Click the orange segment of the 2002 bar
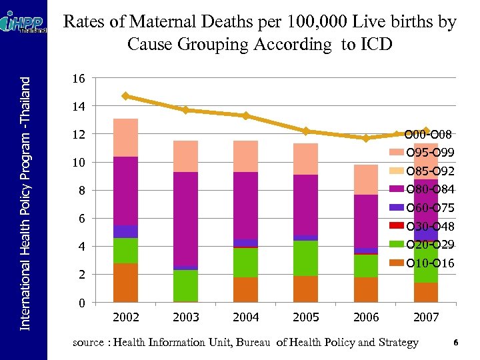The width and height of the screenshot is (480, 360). pos(125,283)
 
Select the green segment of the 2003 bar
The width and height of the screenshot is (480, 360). pos(185,285)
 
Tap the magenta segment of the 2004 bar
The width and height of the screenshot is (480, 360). pos(245,205)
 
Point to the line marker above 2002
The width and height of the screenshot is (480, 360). pos(125,96)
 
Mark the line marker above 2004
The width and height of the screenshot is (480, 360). pos(246,115)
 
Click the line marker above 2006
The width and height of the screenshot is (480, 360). pos(366,138)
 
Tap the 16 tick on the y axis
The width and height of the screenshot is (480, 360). pos(78,79)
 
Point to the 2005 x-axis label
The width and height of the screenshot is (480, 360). pos(306,317)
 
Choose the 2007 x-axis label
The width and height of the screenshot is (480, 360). pos(426,317)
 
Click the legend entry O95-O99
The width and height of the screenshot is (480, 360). pos(431,153)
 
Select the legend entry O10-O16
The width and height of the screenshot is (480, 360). pos(431,264)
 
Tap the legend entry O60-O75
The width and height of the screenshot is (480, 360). pos(431,209)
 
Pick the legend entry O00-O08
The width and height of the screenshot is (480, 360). pos(431,135)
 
